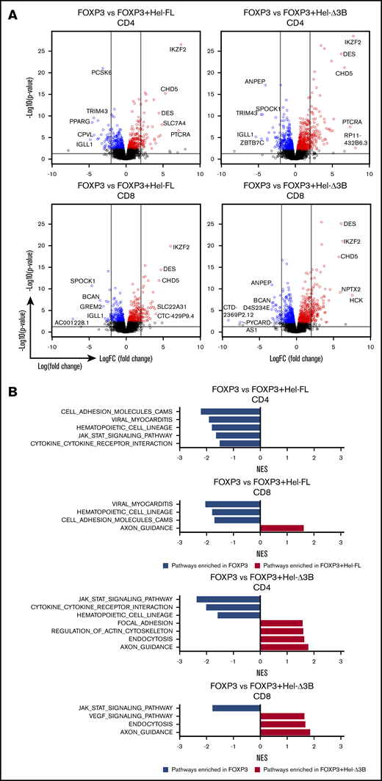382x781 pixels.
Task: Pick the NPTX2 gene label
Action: tap(350, 289)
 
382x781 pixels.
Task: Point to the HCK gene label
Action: tap(356, 300)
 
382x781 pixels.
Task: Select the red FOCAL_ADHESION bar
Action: tap(281, 623)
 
